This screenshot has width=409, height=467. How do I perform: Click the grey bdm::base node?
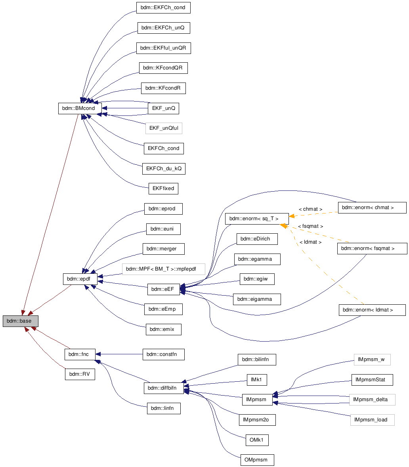[20, 321]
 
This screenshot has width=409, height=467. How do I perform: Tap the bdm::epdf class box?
[80, 279]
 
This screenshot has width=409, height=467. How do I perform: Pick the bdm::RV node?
[80, 374]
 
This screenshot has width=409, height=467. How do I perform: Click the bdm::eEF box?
[163, 289]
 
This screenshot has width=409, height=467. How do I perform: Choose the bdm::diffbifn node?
[163, 388]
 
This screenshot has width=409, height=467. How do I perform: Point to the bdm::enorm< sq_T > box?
[256, 219]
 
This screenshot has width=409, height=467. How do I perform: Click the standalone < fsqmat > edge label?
[310, 226]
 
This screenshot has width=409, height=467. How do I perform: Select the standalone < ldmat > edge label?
[310, 242]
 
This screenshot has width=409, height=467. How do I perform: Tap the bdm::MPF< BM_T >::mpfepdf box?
[163, 269]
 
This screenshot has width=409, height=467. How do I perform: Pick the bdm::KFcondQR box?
[163, 68]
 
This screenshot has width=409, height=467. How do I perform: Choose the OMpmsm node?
[257, 460]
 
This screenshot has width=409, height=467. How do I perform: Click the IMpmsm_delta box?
[372, 399]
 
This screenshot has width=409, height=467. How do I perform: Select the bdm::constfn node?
[163, 354]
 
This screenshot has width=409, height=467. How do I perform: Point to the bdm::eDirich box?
[257, 239]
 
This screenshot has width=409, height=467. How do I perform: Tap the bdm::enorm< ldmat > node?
[372, 310]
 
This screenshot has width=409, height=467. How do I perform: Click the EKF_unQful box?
[163, 128]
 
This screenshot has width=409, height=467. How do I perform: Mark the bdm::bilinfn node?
[257, 359]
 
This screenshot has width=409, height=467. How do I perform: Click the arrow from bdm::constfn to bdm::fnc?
[119, 354]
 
